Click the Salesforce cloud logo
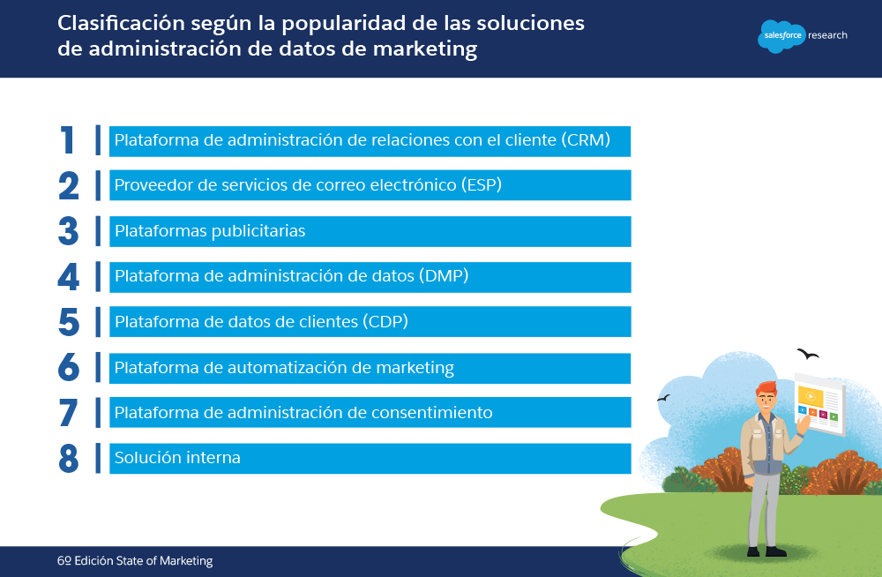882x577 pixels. click(x=781, y=36)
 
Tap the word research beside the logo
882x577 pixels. click(x=827, y=35)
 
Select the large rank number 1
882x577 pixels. click(x=68, y=140)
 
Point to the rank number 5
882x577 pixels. click(x=69, y=322)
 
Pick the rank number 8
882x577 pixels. click(x=69, y=458)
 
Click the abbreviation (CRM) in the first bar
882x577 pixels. click(x=586, y=139)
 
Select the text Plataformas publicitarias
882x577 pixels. click(x=210, y=231)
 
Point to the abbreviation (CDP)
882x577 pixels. click(x=385, y=321)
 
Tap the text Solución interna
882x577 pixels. click(x=178, y=458)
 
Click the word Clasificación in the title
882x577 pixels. click(x=121, y=23)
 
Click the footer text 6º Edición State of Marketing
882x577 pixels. click(x=135, y=560)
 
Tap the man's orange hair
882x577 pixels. click(x=766, y=388)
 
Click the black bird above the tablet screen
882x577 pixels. click(x=808, y=354)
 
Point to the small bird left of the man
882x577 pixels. click(x=664, y=398)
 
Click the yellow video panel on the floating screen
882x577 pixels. click(x=811, y=396)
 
